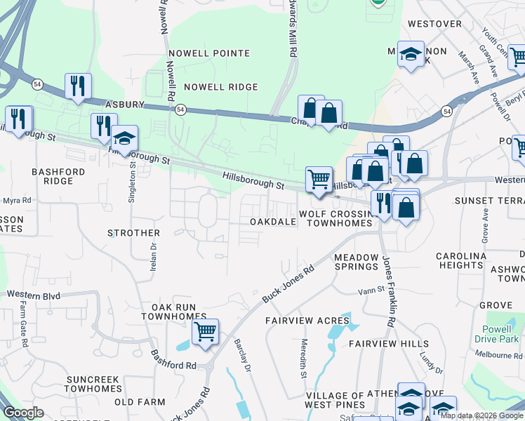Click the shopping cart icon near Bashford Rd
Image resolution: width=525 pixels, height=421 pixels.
(x=205, y=331)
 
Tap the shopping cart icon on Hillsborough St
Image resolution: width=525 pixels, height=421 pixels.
(x=319, y=179)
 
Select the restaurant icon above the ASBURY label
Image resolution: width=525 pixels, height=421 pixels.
(x=78, y=86)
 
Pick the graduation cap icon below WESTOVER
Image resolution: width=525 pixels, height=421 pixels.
(x=411, y=54)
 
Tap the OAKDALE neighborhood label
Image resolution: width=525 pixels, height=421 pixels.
(x=273, y=222)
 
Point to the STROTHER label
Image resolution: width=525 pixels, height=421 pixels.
(x=133, y=232)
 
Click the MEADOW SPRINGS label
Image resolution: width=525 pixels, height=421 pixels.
(x=357, y=262)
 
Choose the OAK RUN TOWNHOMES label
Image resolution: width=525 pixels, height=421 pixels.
(x=173, y=312)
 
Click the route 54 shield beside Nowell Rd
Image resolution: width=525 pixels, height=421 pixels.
(x=181, y=109)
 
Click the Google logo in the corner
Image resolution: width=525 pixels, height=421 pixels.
(x=23, y=413)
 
